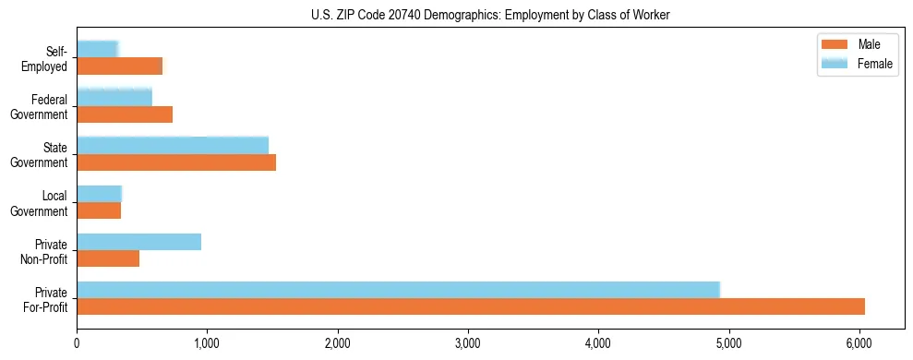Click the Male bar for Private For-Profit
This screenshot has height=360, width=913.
(x=471, y=306)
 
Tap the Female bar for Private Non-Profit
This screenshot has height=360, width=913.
(x=138, y=242)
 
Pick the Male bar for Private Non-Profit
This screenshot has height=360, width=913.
(x=108, y=258)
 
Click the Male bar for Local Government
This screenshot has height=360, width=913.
(x=99, y=210)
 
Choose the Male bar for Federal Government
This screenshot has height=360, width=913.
(x=125, y=114)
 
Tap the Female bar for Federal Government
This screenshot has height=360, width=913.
(x=114, y=98)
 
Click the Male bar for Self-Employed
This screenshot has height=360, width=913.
(x=119, y=66)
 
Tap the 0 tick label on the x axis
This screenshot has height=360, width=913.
(x=77, y=343)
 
